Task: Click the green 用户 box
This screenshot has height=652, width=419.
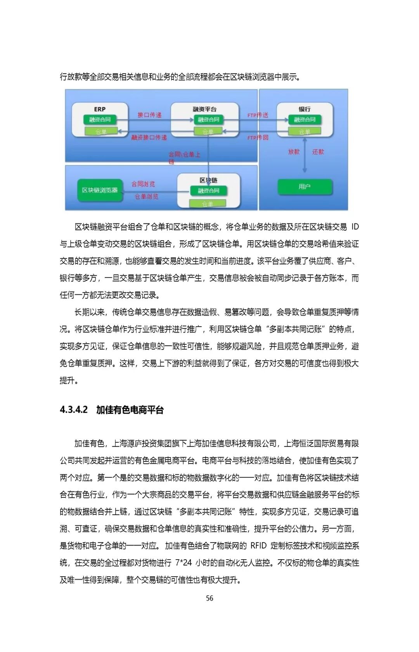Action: click(x=305, y=187)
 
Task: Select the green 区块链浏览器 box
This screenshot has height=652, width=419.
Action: click(x=100, y=190)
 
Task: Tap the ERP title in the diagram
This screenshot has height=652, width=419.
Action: click(x=100, y=109)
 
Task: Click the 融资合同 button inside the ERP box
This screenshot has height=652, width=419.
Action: click(x=100, y=120)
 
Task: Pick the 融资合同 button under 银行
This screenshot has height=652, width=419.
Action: click(x=305, y=120)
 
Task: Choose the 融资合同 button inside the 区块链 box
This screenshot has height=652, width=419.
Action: click(x=208, y=191)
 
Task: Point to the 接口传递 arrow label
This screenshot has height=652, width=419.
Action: click(x=149, y=115)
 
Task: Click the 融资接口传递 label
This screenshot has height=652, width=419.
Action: click(x=149, y=137)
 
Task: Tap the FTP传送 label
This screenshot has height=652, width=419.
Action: click(x=258, y=115)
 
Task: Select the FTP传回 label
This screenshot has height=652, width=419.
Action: click(x=258, y=137)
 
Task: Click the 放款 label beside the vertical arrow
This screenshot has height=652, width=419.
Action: click(x=294, y=152)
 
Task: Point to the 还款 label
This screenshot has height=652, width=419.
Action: click(x=318, y=152)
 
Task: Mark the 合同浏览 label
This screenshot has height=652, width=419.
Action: click(x=143, y=184)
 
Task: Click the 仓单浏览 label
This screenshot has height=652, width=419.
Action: click(x=146, y=196)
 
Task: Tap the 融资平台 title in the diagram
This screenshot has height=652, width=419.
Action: click(x=204, y=109)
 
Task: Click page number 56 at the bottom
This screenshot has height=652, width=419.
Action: click(x=209, y=598)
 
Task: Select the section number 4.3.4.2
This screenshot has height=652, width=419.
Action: click(x=74, y=410)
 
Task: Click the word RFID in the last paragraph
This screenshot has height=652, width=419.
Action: click(x=258, y=546)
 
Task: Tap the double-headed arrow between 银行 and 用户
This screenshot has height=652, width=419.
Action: click(x=305, y=155)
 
